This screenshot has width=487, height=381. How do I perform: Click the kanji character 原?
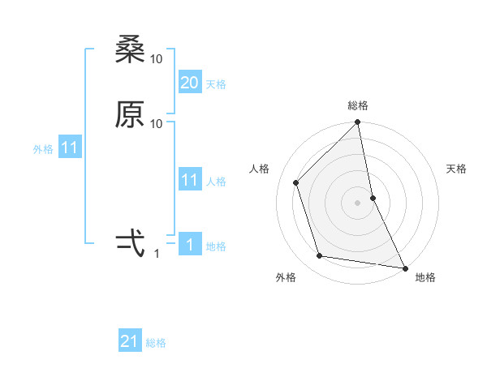click(x=130, y=115)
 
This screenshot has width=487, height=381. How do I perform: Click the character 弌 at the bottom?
click(x=130, y=241)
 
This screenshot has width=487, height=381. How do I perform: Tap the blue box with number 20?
click(x=190, y=83)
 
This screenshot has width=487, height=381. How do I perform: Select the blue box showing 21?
click(x=130, y=341)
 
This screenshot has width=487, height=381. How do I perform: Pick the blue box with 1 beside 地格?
click(x=190, y=245)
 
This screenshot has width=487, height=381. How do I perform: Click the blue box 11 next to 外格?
click(x=70, y=148)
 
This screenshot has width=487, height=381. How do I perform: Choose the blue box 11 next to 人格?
click(x=190, y=180)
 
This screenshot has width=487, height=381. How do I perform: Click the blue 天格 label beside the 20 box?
click(x=216, y=84)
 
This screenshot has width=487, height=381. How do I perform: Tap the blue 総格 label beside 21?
click(x=156, y=343)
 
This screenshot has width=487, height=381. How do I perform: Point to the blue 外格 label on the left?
click(x=42, y=149)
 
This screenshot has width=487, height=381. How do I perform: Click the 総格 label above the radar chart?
click(x=358, y=105)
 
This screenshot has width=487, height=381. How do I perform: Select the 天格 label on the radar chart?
click(x=456, y=169)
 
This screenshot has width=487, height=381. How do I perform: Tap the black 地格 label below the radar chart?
click(x=425, y=277)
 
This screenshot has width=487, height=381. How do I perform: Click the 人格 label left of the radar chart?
click(x=260, y=169)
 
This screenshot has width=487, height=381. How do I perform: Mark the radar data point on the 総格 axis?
click(x=358, y=123)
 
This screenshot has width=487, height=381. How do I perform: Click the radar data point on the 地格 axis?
click(x=404, y=267)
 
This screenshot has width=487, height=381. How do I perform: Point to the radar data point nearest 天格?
click(x=373, y=197)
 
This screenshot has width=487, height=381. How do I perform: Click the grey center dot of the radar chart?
click(x=358, y=202)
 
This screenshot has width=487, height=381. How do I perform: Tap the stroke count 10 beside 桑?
click(x=157, y=59)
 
